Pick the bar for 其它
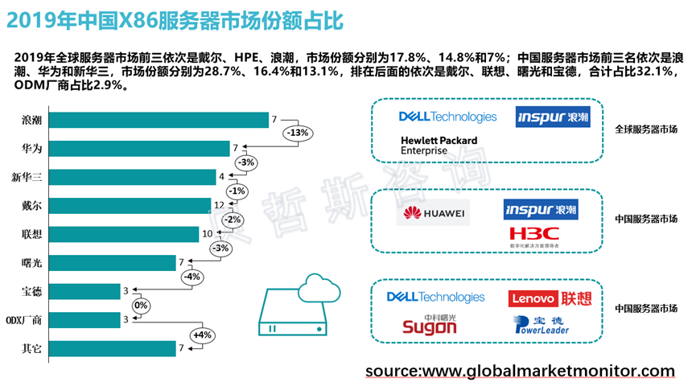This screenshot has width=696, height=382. pos(109,348)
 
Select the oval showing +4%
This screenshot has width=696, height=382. pos(202,334)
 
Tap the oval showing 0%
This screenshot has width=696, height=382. pos(142,305)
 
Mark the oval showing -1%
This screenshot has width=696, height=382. pos(237,191)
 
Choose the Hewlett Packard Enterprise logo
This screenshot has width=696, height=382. pos(439,145)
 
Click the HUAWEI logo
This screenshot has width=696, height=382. pos(434,213)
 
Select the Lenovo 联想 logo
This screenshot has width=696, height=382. pos(550,299)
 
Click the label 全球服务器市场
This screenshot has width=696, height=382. pos(645,129)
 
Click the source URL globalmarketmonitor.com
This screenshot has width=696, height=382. pos(519,370)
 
